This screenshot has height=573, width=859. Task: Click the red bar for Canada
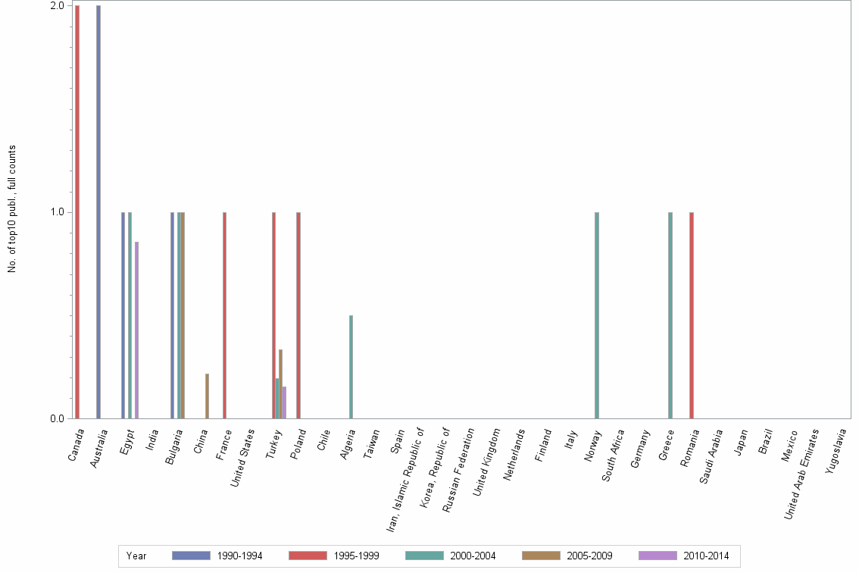coord(77,212)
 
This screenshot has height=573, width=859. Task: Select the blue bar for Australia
coord(98,212)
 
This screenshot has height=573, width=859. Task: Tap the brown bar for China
coord(207,396)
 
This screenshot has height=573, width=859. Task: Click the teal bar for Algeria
coord(351,367)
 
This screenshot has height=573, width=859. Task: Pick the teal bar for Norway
coord(597,315)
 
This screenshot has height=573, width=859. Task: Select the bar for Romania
coord(692,315)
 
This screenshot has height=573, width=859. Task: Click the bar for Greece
coord(670,315)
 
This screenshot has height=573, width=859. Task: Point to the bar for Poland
coord(298,315)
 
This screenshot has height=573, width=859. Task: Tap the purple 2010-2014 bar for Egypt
coord(137,330)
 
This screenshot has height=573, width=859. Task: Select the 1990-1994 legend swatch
coord(190,556)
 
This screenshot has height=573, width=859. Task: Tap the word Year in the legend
coord(136,556)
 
